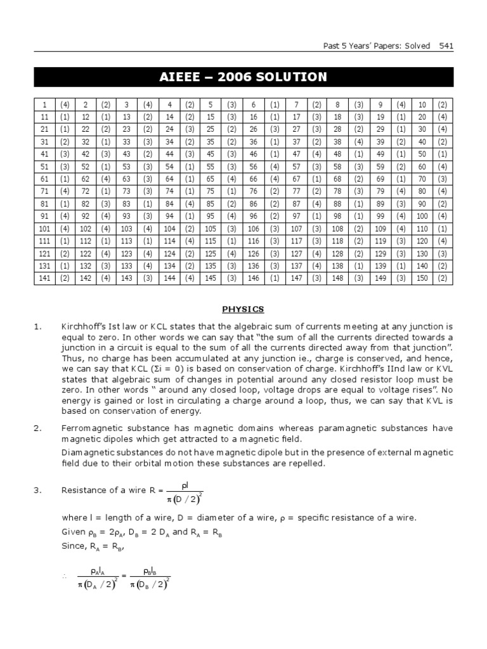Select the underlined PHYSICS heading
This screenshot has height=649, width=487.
pyautogui.click(x=243, y=309)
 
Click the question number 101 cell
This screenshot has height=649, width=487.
pyautogui.click(x=44, y=228)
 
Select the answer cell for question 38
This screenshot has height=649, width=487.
pyautogui.click(x=358, y=142)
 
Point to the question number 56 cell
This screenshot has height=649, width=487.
pyautogui.click(x=253, y=166)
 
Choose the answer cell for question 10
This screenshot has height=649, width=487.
pyautogui.click(x=443, y=105)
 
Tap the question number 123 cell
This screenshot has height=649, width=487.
pyautogui.click(x=127, y=253)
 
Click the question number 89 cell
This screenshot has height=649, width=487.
pyautogui.click(x=380, y=203)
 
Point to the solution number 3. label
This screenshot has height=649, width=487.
pyautogui.click(x=37, y=490)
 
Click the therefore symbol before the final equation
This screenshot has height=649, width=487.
pyautogui.click(x=64, y=577)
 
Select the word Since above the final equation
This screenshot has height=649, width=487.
pyautogui.click(x=72, y=546)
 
